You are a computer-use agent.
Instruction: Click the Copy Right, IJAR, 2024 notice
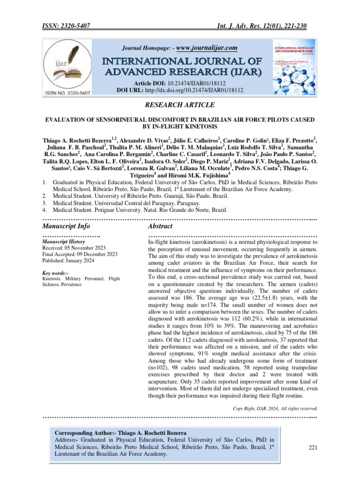(276, 408)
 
